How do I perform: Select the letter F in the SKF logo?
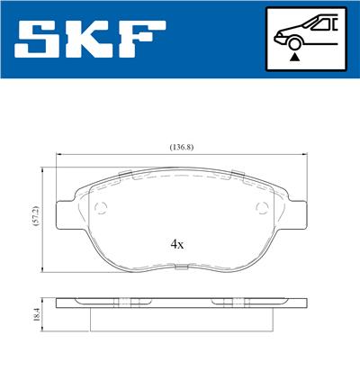(x=142, y=39)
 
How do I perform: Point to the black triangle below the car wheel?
(x=294, y=56)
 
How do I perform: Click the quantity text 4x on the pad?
(x=177, y=243)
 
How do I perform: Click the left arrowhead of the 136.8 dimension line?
(x=60, y=155)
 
